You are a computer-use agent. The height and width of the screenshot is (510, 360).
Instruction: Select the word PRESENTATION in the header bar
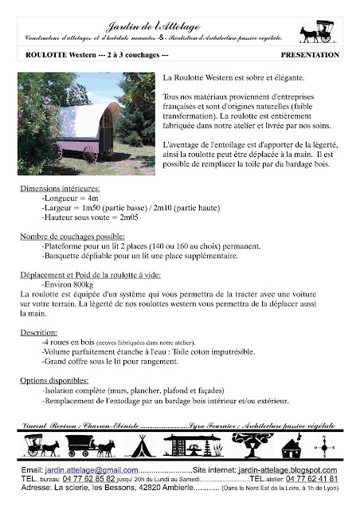pyautogui.click(x=311, y=56)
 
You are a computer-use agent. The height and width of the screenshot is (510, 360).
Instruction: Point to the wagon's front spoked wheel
pyautogui.click(x=90, y=152)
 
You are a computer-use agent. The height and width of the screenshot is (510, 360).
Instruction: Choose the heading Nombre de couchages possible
pyautogui.click(x=72, y=237)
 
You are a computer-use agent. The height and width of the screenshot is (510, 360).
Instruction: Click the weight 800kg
pyautogui.click(x=80, y=284)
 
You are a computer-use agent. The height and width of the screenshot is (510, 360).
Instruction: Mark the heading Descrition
pyautogui.click(x=40, y=331)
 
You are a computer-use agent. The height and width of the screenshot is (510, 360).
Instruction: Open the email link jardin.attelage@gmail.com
pyautogui.click(x=85, y=472)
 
